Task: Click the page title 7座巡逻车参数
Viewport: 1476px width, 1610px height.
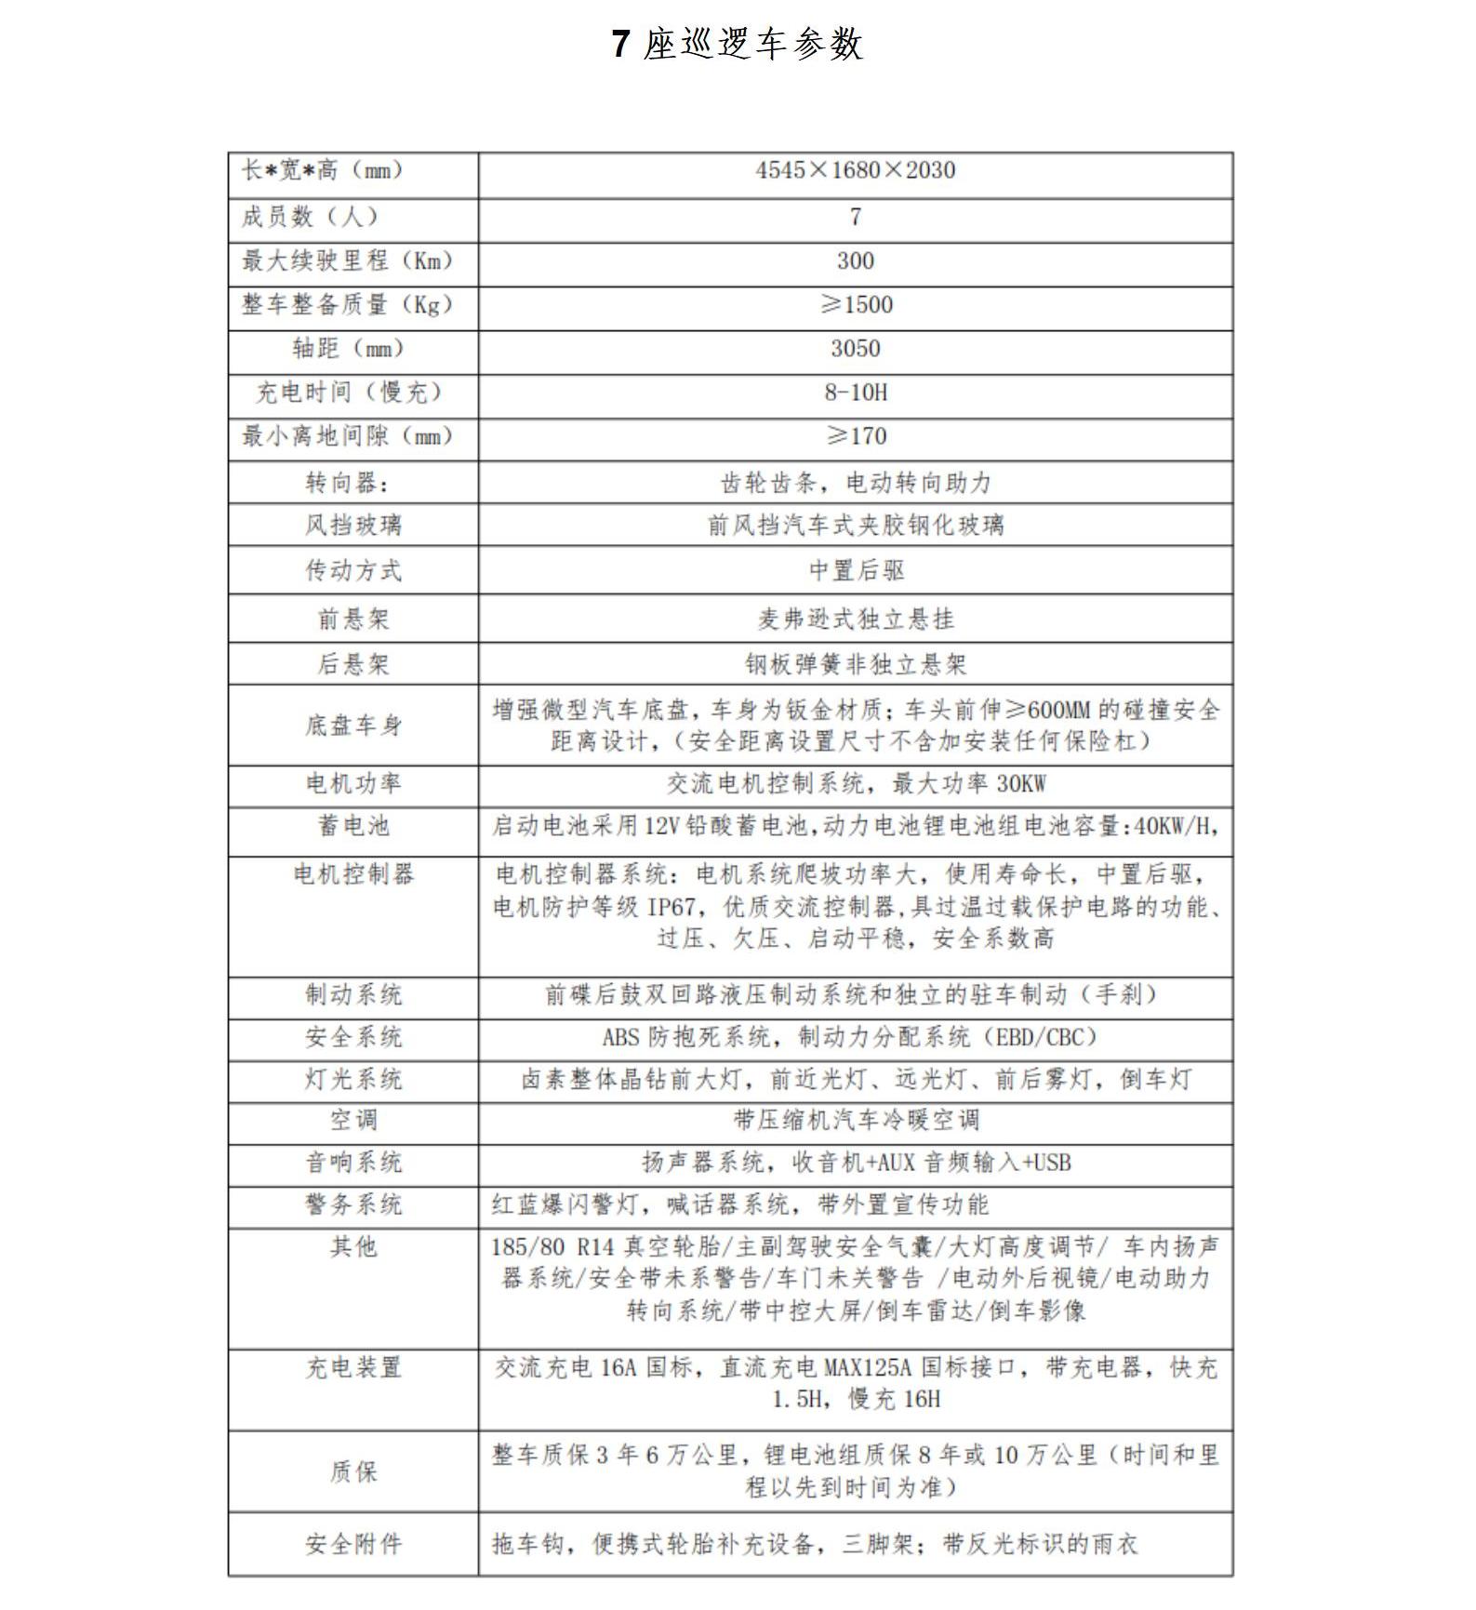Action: pyautogui.click(x=738, y=44)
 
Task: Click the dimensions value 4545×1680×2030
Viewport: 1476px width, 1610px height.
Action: pyautogui.click(x=855, y=170)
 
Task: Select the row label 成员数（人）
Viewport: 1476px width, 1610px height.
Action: pyautogui.click(x=310, y=217)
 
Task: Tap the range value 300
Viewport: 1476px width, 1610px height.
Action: pyautogui.click(x=855, y=261)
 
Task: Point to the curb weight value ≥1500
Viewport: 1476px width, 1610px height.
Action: pyautogui.click(x=856, y=305)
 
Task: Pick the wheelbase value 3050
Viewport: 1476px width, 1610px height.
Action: pyautogui.click(x=855, y=349)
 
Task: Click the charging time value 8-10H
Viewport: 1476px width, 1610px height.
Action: pyautogui.click(x=855, y=393)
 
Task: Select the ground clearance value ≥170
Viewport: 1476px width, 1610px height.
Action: pyautogui.click(x=856, y=436)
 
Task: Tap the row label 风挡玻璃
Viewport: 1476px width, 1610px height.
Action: pyautogui.click(x=353, y=526)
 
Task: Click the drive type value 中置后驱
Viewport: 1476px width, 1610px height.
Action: pyautogui.click(x=856, y=570)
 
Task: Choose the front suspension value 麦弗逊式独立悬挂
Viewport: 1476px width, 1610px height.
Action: pyautogui.click(x=856, y=619)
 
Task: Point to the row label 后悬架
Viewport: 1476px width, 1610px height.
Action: pyautogui.click(x=353, y=664)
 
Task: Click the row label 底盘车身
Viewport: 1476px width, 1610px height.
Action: pyautogui.click(x=353, y=725)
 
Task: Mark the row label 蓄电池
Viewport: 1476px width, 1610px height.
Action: pyautogui.click(x=353, y=826)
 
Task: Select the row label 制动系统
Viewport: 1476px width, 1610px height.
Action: pyautogui.click(x=353, y=995)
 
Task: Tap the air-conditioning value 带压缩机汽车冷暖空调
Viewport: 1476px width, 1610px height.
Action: pyautogui.click(x=856, y=1121)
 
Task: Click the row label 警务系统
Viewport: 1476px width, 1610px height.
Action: pyautogui.click(x=353, y=1205)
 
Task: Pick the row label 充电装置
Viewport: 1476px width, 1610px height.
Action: pyautogui.click(x=353, y=1368)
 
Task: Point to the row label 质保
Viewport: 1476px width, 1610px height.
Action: pyautogui.click(x=353, y=1471)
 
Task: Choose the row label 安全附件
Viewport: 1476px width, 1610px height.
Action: pyautogui.click(x=353, y=1545)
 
